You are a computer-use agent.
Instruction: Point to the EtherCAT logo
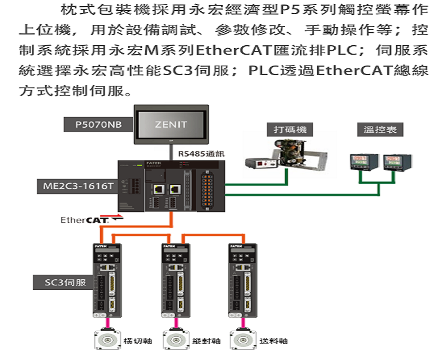84,220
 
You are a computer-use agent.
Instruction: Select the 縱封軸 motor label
206,341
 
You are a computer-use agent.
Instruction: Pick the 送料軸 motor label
275,341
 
